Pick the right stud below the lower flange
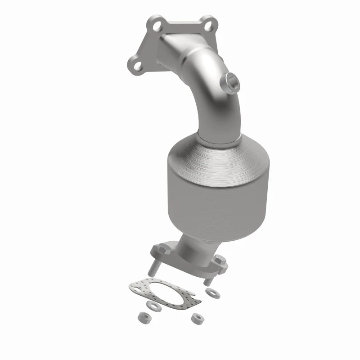tap(208, 279)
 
